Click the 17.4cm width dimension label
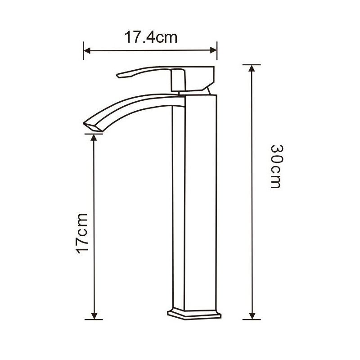tap(151, 37)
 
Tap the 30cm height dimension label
tap(276, 166)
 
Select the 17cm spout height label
tap(83, 234)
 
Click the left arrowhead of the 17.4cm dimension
tap(87, 51)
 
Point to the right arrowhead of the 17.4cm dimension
tap(213, 51)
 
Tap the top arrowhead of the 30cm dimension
tap(252, 68)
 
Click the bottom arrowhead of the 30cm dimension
tap(252, 315)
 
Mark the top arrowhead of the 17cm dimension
tap(94, 137)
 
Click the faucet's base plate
tap(194, 314)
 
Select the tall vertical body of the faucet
tap(194, 202)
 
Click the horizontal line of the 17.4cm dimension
tap(151, 51)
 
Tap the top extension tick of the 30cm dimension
tap(252, 65)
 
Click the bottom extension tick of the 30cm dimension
tap(252, 319)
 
